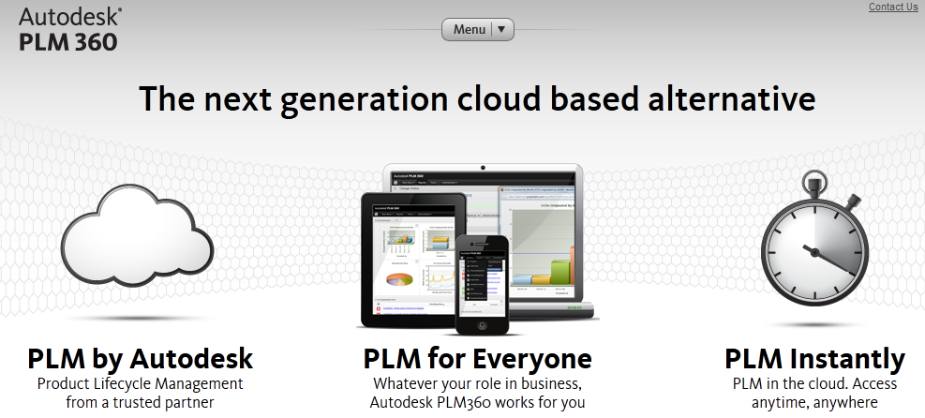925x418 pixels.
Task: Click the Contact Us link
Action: [x=893, y=7]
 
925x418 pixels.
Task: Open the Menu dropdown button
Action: [x=478, y=29]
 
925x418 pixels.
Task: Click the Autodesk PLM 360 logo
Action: [x=68, y=29]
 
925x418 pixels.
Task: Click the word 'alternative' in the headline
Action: [x=721, y=99]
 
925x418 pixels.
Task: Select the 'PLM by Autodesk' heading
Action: [x=141, y=359]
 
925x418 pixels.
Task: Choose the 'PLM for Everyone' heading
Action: [x=477, y=359]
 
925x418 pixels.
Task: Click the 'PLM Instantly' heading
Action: [x=814, y=359]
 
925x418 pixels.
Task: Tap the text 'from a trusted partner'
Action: [x=141, y=402]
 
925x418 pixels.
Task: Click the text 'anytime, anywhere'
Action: [x=814, y=402]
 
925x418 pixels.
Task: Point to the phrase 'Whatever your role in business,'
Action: [x=478, y=383]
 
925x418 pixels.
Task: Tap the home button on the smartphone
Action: [x=483, y=323]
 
